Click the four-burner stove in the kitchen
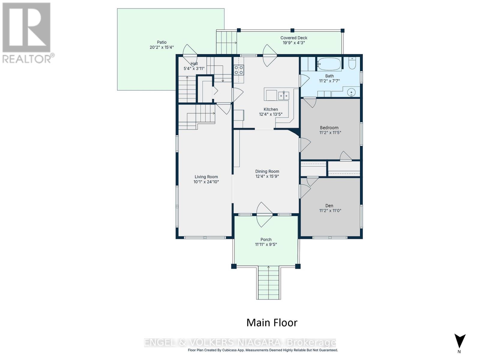tap(238, 70)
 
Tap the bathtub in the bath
tap(329, 64)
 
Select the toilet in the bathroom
tap(352, 63)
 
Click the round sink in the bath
tap(351, 92)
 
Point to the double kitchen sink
tap(283, 96)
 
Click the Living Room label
tap(206, 177)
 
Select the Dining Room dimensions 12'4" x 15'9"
tap(267, 176)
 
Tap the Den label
tap(329, 206)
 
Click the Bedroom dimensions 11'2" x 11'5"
tap(330, 133)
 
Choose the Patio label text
tap(162, 42)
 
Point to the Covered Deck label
tap(294, 38)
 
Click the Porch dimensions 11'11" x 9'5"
tap(266, 244)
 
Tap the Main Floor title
tap(272, 322)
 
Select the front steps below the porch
tap(268, 283)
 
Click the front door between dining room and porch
tap(264, 214)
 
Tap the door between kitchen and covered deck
tap(270, 55)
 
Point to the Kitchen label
tap(271, 109)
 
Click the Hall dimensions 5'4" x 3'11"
tap(194, 68)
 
